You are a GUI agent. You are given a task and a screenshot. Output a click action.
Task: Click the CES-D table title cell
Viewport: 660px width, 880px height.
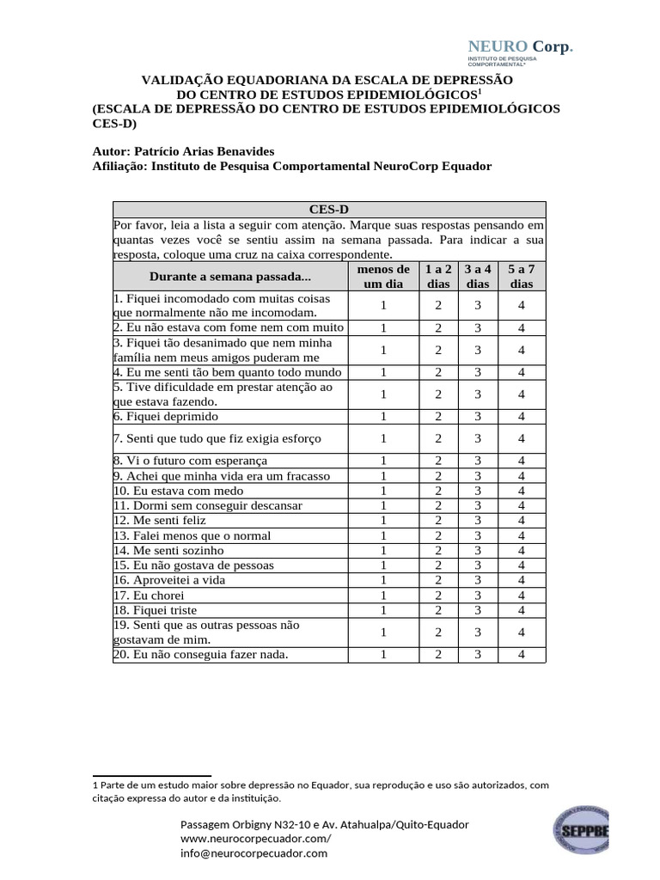point(328,209)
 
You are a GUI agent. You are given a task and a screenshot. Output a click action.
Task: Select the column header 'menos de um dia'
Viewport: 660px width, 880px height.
point(383,276)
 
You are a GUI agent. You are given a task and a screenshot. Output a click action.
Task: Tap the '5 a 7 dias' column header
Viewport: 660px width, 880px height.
point(521,276)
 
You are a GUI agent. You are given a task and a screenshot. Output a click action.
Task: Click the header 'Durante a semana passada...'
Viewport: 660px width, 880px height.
point(229,276)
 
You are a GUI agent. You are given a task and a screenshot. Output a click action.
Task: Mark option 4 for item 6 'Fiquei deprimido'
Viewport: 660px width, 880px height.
point(521,417)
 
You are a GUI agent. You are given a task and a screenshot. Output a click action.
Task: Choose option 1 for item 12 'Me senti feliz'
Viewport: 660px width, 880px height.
point(383,521)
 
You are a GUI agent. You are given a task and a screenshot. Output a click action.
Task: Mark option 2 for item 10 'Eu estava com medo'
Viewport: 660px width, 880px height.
point(437,491)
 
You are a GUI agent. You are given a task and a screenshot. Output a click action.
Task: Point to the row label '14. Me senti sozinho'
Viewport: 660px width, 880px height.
point(168,550)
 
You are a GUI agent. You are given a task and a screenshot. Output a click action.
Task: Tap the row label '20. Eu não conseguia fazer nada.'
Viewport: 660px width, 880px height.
point(200,654)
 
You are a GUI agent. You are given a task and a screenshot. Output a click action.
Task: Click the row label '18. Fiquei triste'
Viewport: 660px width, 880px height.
point(161,609)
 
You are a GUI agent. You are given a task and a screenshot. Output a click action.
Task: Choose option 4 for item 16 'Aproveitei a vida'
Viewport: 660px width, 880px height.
point(521,580)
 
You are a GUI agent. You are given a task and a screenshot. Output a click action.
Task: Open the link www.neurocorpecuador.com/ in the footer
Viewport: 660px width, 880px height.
point(255,839)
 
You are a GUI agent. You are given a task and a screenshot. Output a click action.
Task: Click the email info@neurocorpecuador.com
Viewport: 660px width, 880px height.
point(254,853)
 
